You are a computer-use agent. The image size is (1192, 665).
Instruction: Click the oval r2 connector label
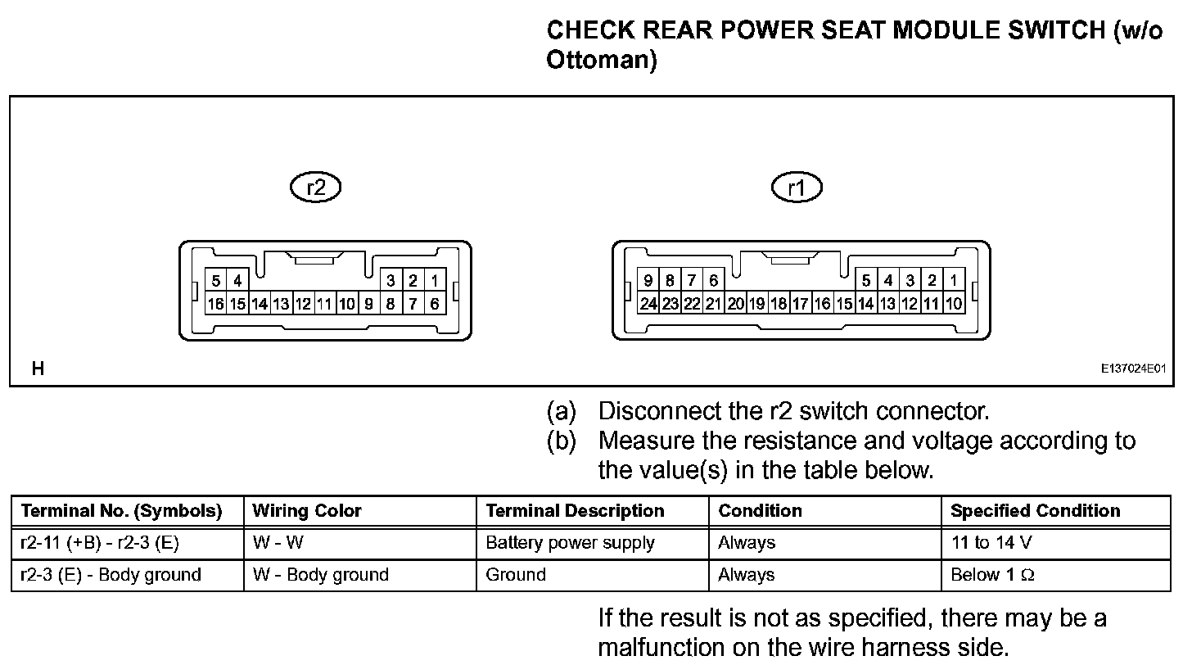pyautogui.click(x=315, y=188)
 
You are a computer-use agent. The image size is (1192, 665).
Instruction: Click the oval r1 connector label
pyautogui.click(x=797, y=189)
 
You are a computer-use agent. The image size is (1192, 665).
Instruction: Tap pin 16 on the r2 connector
pyautogui.click(x=215, y=304)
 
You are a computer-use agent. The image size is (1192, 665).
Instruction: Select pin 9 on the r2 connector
pyautogui.click(x=368, y=304)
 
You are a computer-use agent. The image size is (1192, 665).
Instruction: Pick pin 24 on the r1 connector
pyautogui.click(x=648, y=304)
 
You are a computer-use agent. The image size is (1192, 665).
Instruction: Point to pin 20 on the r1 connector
pyautogui.click(x=735, y=304)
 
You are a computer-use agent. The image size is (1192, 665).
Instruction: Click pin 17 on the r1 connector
pyautogui.click(x=801, y=304)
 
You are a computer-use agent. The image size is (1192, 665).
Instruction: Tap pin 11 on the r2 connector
pyautogui.click(x=325, y=304)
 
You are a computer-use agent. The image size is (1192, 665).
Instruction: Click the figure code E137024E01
pyautogui.click(x=1132, y=369)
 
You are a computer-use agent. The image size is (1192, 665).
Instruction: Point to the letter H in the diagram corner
pyautogui.click(x=38, y=369)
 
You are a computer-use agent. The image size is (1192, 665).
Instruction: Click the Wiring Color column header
pyautogui.click(x=307, y=511)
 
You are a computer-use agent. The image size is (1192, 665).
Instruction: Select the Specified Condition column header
pyautogui.click(x=1035, y=511)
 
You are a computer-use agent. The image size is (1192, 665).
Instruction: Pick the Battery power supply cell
pyautogui.click(x=570, y=543)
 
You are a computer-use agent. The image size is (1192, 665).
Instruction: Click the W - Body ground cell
pyautogui.click(x=321, y=575)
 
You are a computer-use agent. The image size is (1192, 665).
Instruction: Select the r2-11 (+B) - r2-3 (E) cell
pyautogui.click(x=99, y=543)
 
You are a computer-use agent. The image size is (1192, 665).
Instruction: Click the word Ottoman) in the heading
pyautogui.click(x=602, y=61)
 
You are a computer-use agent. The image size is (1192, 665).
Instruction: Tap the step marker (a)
pyautogui.click(x=562, y=410)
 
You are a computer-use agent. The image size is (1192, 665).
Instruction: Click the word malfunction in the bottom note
pyautogui.click(x=661, y=647)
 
